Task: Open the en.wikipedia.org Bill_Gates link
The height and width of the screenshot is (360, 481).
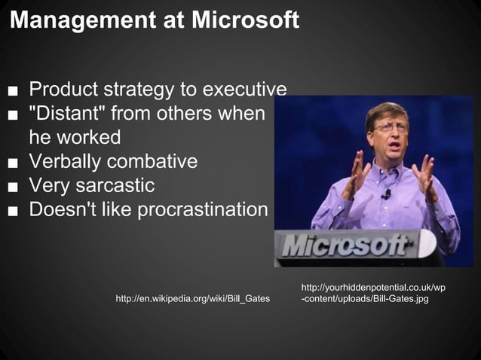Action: pos(192,300)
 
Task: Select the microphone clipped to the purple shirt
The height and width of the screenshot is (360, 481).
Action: pos(386,194)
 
